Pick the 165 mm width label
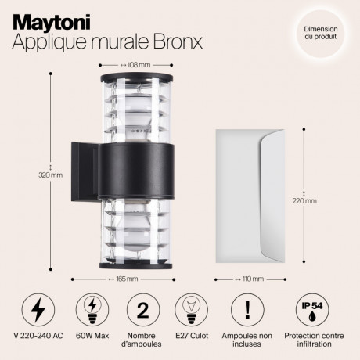[126, 277]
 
